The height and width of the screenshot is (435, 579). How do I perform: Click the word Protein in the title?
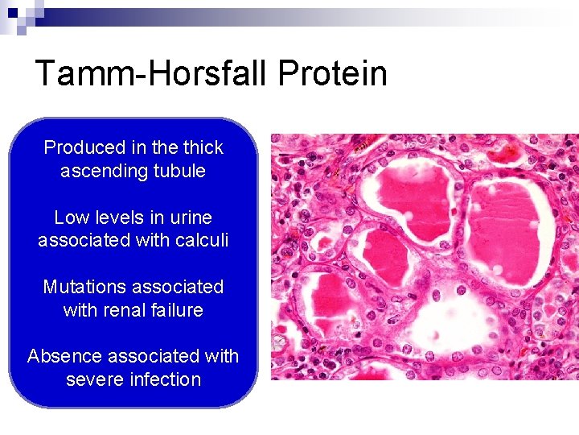point(333,73)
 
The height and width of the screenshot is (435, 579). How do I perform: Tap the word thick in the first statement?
point(203,147)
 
